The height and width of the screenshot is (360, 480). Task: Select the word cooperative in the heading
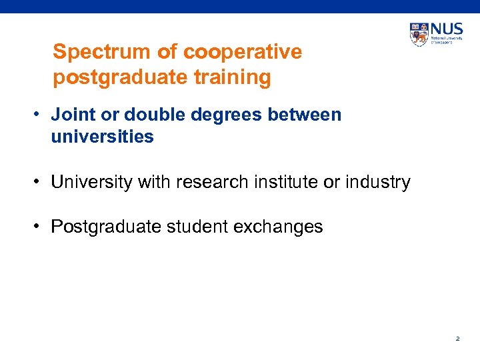coord(242,52)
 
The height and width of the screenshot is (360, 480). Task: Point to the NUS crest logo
coord(419,33)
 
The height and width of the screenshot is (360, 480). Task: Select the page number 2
coord(457,339)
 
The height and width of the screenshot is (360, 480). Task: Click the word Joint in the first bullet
coord(73,115)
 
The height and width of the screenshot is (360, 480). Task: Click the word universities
coord(102,137)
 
